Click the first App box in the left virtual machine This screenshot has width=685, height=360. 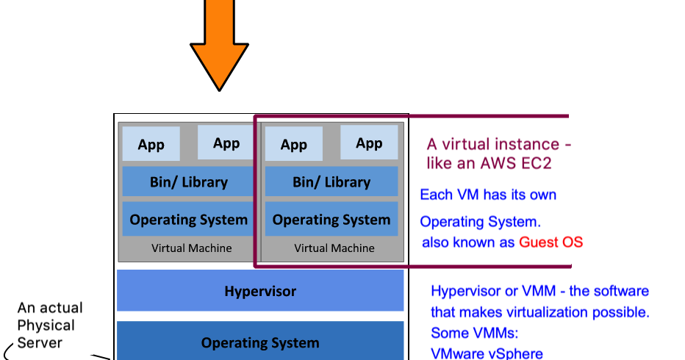[x=151, y=144]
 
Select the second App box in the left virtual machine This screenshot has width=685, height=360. [x=226, y=143]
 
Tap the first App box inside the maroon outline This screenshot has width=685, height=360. [x=293, y=144]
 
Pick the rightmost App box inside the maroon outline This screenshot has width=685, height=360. [x=369, y=143]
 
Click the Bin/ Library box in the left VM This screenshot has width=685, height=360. [x=188, y=181]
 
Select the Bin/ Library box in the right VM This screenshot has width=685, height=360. [x=331, y=181]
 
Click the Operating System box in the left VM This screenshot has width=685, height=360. [x=188, y=219]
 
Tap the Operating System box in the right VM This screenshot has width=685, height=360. [x=331, y=219]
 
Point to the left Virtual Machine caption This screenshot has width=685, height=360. [x=191, y=248]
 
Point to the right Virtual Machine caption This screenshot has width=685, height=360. [x=334, y=248]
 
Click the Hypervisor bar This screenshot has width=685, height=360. [x=260, y=291]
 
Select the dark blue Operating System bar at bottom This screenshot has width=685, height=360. [x=260, y=342]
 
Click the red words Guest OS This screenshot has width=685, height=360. [x=550, y=242]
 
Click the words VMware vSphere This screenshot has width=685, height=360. [x=487, y=353]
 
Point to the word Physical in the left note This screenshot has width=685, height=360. [x=46, y=325]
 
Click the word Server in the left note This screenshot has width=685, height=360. [x=40, y=342]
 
